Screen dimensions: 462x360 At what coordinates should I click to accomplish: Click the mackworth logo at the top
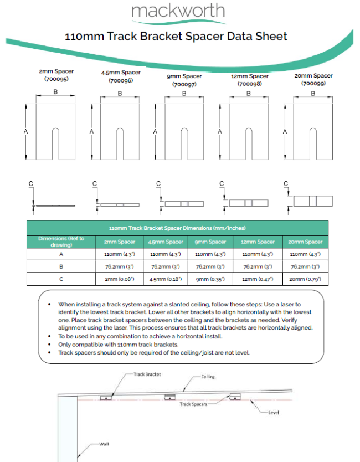click(x=178, y=12)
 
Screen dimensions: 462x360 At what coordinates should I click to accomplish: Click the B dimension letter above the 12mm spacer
click(x=248, y=94)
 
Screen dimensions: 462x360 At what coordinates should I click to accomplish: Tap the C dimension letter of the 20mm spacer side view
click(x=286, y=183)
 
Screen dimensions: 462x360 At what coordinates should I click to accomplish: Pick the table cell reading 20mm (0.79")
click(x=306, y=279)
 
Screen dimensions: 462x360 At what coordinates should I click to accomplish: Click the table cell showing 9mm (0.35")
click(x=210, y=279)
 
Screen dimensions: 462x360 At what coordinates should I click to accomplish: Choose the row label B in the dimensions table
click(x=61, y=266)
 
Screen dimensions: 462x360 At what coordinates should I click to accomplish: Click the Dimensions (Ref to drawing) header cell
click(x=61, y=242)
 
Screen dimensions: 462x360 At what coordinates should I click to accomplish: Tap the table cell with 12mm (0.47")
click(x=258, y=279)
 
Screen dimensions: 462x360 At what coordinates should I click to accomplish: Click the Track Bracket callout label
click(x=147, y=374)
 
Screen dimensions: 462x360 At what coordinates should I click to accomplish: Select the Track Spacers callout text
click(x=193, y=404)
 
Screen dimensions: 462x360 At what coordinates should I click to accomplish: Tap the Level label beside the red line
click(x=274, y=413)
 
